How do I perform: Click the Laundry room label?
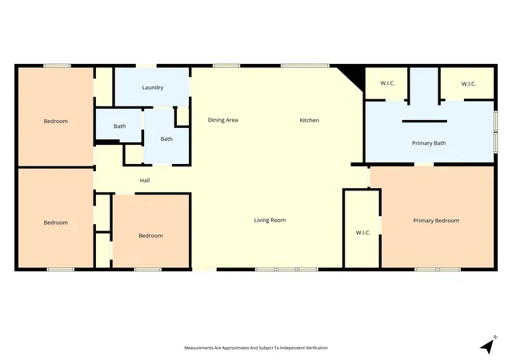click(153, 87)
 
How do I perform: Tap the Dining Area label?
click(222, 120)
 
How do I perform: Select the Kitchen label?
click(310, 120)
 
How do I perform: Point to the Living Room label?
click(270, 220)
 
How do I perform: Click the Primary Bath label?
click(429, 143)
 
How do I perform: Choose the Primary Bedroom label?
click(436, 221)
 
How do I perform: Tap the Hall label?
click(145, 180)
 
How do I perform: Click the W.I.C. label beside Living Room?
click(363, 233)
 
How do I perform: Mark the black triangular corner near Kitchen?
click(354, 75)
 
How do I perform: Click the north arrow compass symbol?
click(489, 345)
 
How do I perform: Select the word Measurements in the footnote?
click(198, 348)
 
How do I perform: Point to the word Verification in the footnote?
click(317, 348)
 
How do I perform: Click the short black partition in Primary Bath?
click(425, 121)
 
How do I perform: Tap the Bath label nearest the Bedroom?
click(119, 126)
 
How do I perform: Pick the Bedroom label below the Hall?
click(150, 235)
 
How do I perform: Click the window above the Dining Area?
click(226, 66)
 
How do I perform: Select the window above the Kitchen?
click(306, 66)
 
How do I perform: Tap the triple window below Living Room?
click(286, 270)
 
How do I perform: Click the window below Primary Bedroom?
click(438, 270)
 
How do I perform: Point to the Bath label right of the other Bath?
click(166, 139)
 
